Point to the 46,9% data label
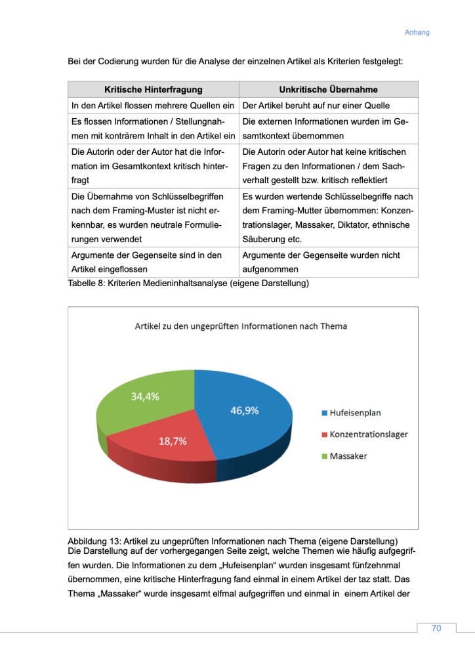[244, 411]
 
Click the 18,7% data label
[173, 441]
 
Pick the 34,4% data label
[144, 396]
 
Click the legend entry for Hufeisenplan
[355, 413]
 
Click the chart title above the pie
[241, 325]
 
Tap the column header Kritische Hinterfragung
[154, 89]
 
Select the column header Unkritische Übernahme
[328, 89]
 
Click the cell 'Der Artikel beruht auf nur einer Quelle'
[320, 106]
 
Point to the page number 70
[436, 628]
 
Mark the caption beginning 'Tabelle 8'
[188, 283]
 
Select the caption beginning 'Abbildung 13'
[229, 541]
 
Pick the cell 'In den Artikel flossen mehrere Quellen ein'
[152, 106]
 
